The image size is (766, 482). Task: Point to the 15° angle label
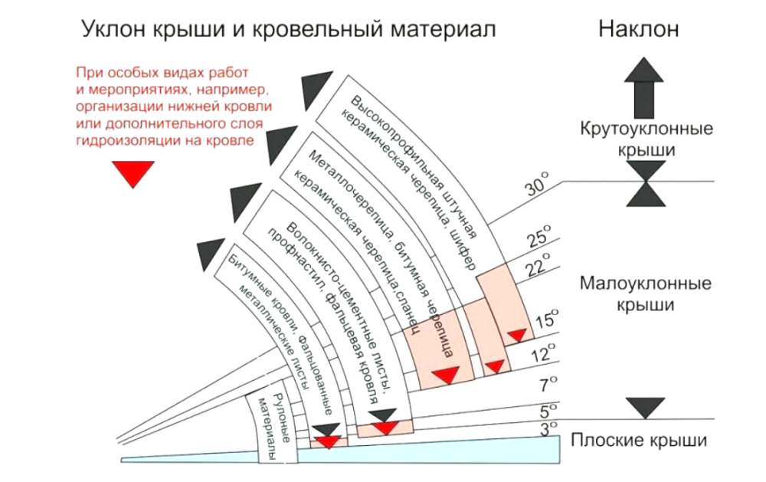point(547,319)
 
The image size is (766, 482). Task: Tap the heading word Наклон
point(638,30)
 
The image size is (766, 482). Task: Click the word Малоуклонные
point(645,284)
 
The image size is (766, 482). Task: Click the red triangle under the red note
point(134,174)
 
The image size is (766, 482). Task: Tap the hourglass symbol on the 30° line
point(645,183)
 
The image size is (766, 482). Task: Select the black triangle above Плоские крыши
point(645,408)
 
